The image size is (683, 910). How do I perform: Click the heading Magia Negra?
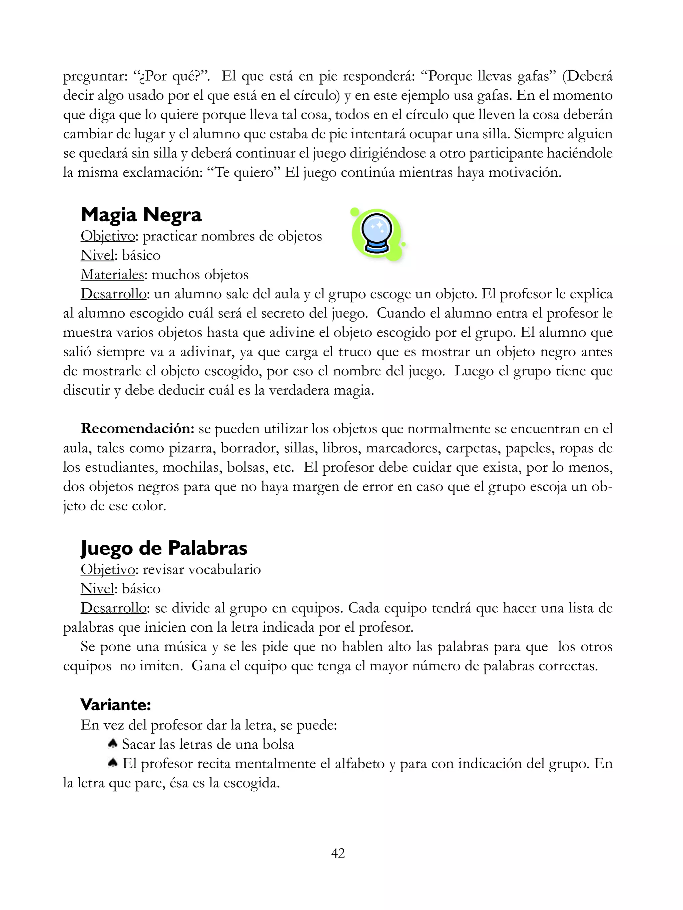coord(141,215)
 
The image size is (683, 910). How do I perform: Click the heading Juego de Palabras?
coord(164,548)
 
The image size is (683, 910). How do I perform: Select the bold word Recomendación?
coord(137,429)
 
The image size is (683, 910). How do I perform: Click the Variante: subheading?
coord(116,705)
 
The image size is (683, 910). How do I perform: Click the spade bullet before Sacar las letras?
coord(112,743)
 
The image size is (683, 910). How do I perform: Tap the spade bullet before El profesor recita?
coord(112,763)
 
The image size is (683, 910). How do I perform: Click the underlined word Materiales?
coord(112,274)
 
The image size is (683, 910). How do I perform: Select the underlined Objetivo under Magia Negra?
coord(108,236)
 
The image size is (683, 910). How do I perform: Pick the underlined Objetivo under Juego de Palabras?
coord(108,569)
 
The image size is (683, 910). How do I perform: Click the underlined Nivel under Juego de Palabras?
coord(97,589)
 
